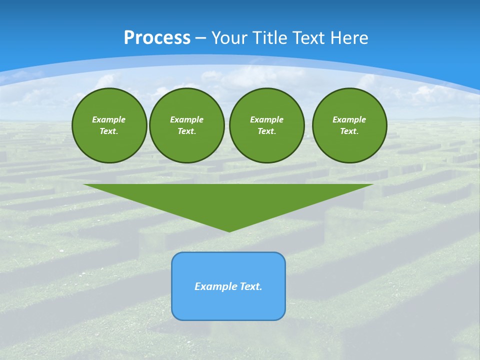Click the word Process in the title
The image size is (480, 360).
point(157,38)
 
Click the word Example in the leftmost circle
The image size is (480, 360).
point(109,119)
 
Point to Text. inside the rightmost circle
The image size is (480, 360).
point(349,131)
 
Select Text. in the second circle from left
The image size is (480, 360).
point(186,131)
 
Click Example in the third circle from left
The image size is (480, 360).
point(266,119)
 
